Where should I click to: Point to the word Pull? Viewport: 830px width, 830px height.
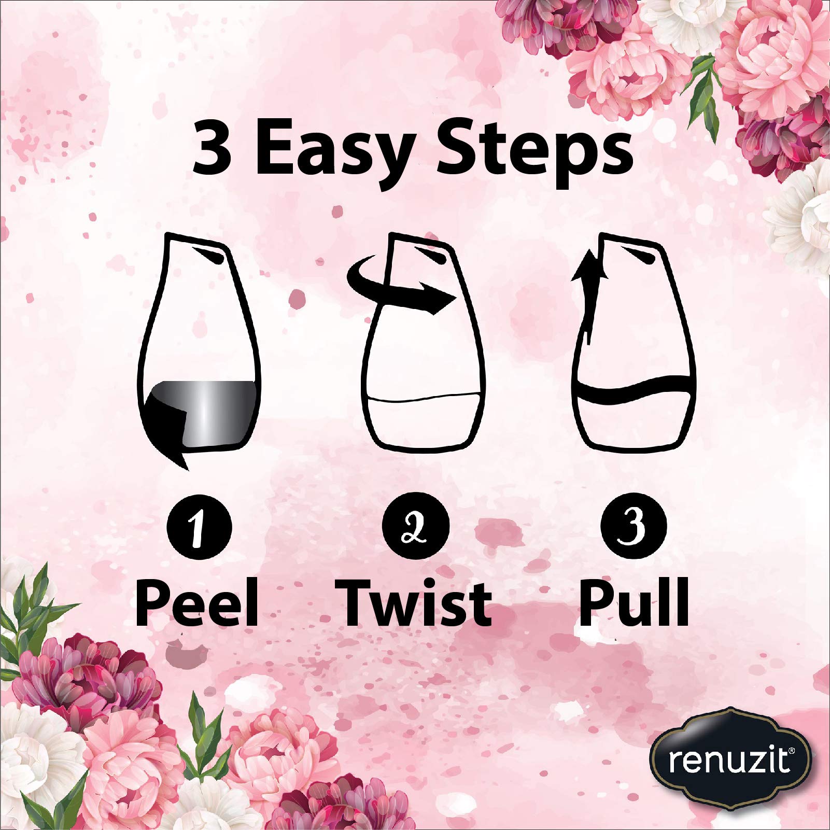634,604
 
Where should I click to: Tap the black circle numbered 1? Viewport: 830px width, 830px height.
199,526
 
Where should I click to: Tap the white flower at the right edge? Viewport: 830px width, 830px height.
801,213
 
